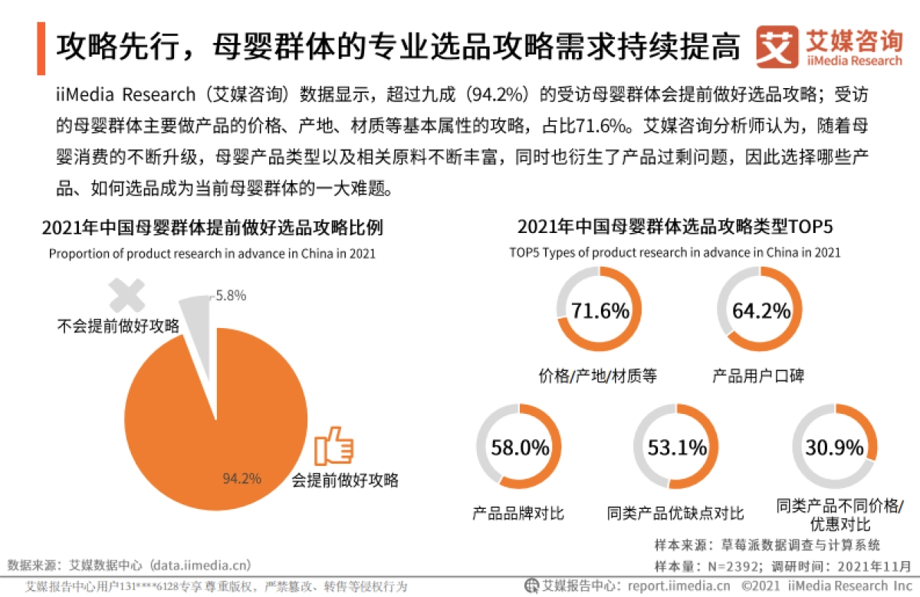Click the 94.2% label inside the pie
(242, 479)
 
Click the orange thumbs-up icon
(335, 446)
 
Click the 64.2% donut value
(761, 310)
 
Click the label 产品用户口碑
(758, 376)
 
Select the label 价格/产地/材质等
(597, 376)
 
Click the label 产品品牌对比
(518, 513)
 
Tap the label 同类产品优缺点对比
(675, 513)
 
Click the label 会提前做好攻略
(345, 481)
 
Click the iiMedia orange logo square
(777, 48)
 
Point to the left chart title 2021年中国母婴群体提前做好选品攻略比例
(212, 228)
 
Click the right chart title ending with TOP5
(675, 227)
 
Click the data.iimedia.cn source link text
(202, 566)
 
